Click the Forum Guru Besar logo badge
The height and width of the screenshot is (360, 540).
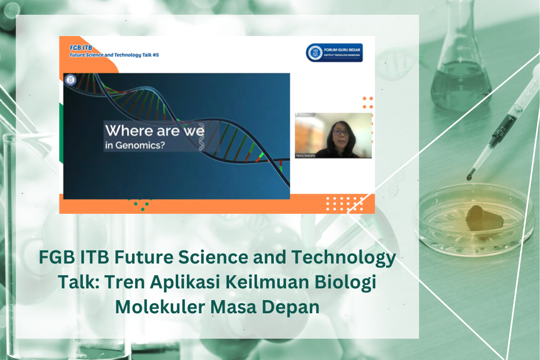pos(334,53)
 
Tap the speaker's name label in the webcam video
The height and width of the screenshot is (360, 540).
pos(305,155)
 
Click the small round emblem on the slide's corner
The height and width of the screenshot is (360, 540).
pos(70,79)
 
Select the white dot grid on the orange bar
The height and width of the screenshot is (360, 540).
pos(344,203)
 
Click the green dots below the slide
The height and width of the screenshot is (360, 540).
pos(140,205)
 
